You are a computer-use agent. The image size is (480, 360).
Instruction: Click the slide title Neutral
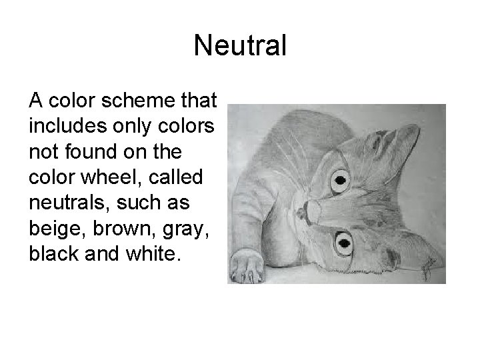click(x=240, y=46)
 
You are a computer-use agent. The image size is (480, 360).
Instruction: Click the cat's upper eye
click(x=340, y=179)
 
